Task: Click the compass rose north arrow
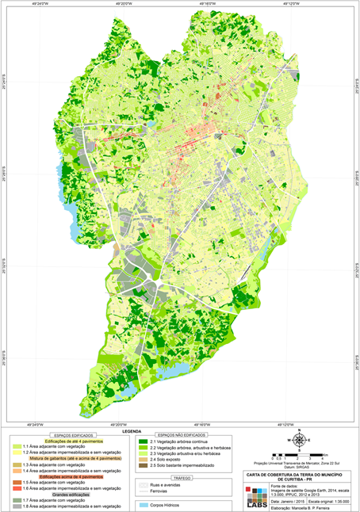point(299,441)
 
